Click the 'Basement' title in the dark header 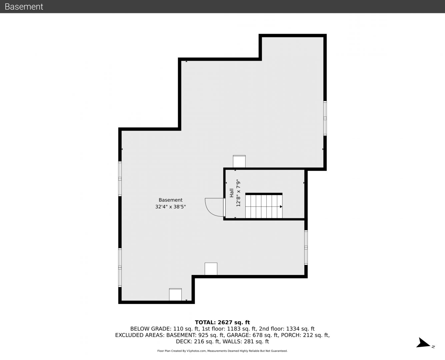(24, 7)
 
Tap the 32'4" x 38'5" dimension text (170, 207)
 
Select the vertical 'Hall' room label (232, 193)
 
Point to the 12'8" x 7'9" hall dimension (238, 193)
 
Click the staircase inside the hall (264, 206)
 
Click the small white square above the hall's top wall (239, 161)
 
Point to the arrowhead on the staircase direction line (281, 207)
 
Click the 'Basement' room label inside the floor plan (170, 200)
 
